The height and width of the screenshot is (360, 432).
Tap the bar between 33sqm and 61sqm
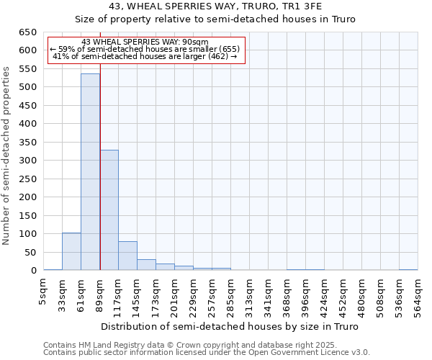(71, 251)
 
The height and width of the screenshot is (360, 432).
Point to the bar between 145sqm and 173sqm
(146, 264)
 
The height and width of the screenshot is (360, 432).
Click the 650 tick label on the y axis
(28, 32)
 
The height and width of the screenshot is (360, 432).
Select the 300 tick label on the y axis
(28, 161)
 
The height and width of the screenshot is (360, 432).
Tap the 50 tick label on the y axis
(31, 252)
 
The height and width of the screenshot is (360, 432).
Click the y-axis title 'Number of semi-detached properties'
(7, 156)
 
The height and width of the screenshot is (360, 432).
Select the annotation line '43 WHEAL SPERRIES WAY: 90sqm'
(145, 42)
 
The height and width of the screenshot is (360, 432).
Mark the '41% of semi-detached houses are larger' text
(145, 56)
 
